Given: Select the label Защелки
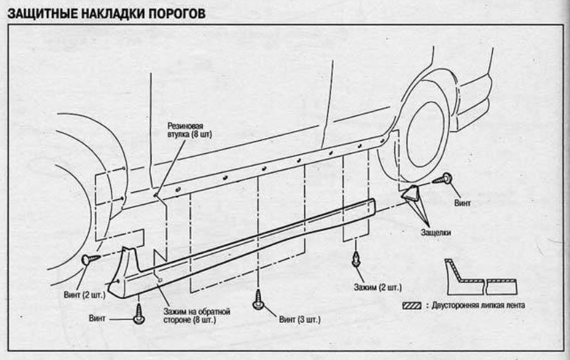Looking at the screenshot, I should (x=436, y=232).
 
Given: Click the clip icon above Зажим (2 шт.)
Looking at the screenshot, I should (x=357, y=258).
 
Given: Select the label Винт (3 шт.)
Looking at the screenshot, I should (x=299, y=319).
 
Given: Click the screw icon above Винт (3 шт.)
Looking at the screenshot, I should (x=258, y=302).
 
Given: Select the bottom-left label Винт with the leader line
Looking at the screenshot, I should (x=98, y=318).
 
